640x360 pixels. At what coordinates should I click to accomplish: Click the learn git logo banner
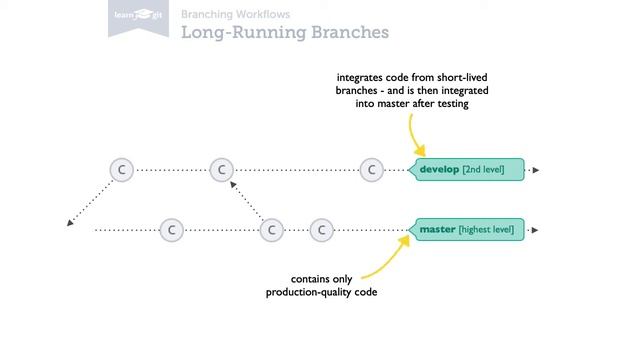pyautogui.click(x=136, y=19)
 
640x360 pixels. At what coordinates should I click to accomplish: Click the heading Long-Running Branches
pyautogui.click(x=284, y=33)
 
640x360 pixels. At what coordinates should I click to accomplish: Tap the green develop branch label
pyautogui.click(x=468, y=170)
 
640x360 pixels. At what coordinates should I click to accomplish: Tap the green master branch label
pyautogui.click(x=467, y=230)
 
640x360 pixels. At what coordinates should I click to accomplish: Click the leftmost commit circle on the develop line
pyautogui.click(x=121, y=170)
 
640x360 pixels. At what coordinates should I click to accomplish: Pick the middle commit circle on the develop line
pyautogui.click(x=221, y=170)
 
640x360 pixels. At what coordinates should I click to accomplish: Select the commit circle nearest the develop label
pyautogui.click(x=371, y=170)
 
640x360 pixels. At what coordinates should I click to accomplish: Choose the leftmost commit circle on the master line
pyautogui.click(x=171, y=230)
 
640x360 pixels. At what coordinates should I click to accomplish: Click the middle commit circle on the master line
pyautogui.click(x=271, y=230)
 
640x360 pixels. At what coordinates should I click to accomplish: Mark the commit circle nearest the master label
pyautogui.click(x=321, y=230)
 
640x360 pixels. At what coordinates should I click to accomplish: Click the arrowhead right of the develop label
pyautogui.click(x=535, y=170)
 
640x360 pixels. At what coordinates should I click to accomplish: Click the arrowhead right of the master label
pyautogui.click(x=535, y=230)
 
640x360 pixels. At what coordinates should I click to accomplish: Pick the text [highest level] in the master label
pyautogui.click(x=486, y=230)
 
